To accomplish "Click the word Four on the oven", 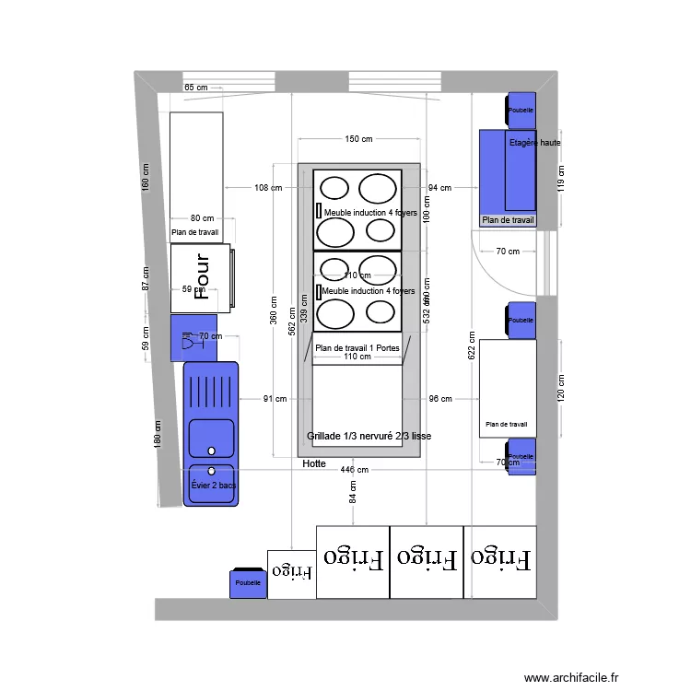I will click(x=204, y=278).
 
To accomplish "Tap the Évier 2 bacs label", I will click(x=213, y=485).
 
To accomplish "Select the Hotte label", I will click(x=313, y=464).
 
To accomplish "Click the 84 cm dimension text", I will click(x=352, y=498).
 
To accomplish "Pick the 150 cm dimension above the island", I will click(x=358, y=139).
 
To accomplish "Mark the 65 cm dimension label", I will click(x=196, y=88).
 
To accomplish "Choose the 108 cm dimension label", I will click(x=267, y=188).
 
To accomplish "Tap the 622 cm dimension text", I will click(x=473, y=345).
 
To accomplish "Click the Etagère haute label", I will click(x=534, y=143).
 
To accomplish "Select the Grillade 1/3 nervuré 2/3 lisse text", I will click(x=369, y=436).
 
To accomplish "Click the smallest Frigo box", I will click(x=291, y=574).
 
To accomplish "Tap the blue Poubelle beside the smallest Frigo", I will click(x=248, y=583).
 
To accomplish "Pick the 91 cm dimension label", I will click(x=275, y=399).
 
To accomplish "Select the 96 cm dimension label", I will click(x=440, y=399).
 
